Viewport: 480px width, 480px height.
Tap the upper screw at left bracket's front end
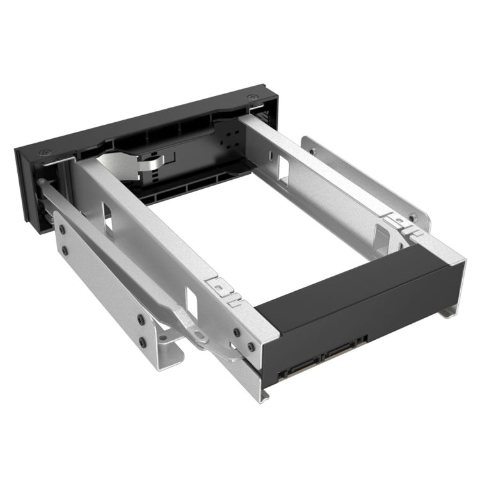[x=64, y=228]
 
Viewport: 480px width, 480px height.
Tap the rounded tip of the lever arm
[x=43, y=184]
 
